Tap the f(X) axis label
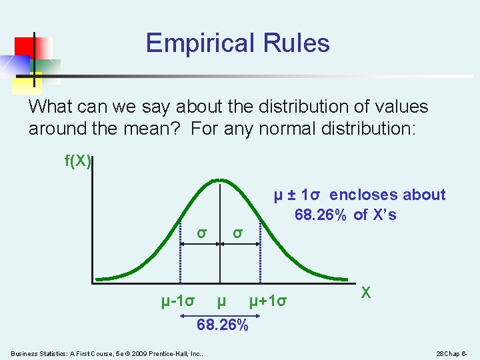click(77, 161)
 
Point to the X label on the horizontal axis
click(365, 292)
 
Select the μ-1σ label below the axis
click(178, 301)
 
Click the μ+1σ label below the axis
click(268, 301)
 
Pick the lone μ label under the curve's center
click(221, 301)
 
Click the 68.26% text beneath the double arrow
click(222, 326)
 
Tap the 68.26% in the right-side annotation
click(320, 215)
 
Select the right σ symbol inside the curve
click(237, 233)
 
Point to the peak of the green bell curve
click(221, 181)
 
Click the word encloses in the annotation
click(361, 195)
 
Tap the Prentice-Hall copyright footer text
click(107, 353)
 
